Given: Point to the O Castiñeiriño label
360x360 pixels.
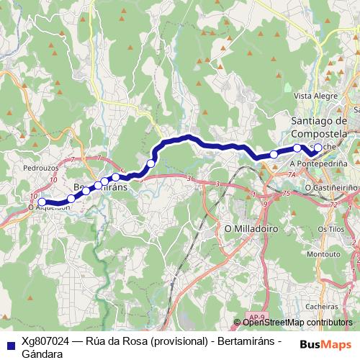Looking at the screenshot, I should (332, 186).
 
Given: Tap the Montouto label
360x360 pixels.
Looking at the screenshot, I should (323, 254).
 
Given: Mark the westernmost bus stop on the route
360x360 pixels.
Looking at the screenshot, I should (42, 202).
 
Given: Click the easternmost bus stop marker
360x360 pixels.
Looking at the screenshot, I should (318, 148).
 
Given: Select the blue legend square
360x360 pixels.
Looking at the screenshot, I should (9, 343).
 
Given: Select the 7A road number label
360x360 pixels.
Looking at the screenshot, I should (292, 174).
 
